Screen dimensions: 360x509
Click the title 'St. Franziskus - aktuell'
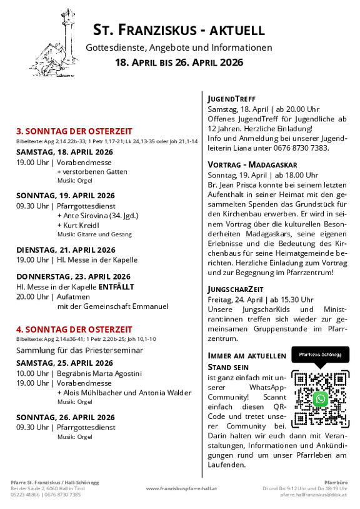[x=179, y=29]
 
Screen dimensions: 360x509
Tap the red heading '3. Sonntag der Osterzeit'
[x=74, y=131]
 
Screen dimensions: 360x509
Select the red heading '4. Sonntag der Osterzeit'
[x=74, y=329]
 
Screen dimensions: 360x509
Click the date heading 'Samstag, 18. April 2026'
[x=64, y=152]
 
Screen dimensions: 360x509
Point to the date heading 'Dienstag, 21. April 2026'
[x=66, y=249]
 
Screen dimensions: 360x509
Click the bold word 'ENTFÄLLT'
[x=132, y=286]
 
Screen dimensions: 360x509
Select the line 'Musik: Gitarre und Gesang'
[x=94, y=234]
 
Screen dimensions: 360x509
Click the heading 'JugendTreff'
[x=231, y=98]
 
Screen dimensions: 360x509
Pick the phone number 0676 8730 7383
[x=303, y=148]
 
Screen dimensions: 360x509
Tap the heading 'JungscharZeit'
[x=236, y=289]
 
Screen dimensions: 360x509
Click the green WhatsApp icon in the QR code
[x=321, y=398]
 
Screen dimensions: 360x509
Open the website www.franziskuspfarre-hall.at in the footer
[x=181, y=488]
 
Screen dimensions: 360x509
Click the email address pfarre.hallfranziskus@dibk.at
[x=314, y=495]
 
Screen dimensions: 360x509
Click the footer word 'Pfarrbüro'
[x=337, y=481]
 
